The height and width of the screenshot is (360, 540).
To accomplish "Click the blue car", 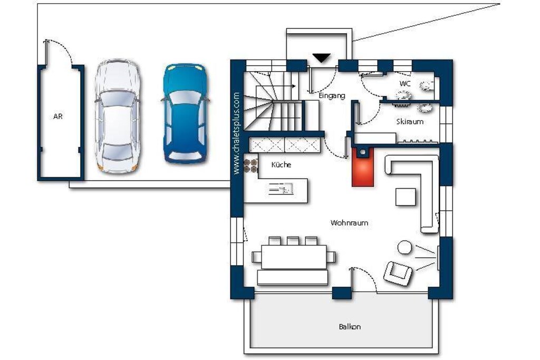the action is pos(186,113).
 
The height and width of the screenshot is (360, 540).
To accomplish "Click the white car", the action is pos(118,116).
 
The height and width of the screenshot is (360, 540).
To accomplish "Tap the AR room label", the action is pos(58,116).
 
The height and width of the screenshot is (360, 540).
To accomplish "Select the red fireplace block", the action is pos(363,167).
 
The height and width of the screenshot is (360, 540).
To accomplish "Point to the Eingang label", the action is pos(332,96).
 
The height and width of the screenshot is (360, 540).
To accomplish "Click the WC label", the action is pos(405,84).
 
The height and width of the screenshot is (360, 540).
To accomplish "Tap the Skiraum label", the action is pos(410,121).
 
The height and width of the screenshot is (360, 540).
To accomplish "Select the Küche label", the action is pos(281,164).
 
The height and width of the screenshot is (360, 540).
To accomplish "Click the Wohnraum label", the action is pos(349,222).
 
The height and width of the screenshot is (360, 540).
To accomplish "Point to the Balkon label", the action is pos(350,327).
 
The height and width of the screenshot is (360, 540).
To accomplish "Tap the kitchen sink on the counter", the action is pos(281,189).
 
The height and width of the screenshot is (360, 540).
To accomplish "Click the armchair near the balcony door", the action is pos(398,273).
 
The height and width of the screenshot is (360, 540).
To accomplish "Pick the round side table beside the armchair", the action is pos(404,247).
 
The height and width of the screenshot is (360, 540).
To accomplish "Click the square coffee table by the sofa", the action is pos(406,197).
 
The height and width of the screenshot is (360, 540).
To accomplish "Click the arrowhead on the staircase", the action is pos(294,86).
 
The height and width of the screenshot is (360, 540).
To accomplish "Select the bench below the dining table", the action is pos(292,277).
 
